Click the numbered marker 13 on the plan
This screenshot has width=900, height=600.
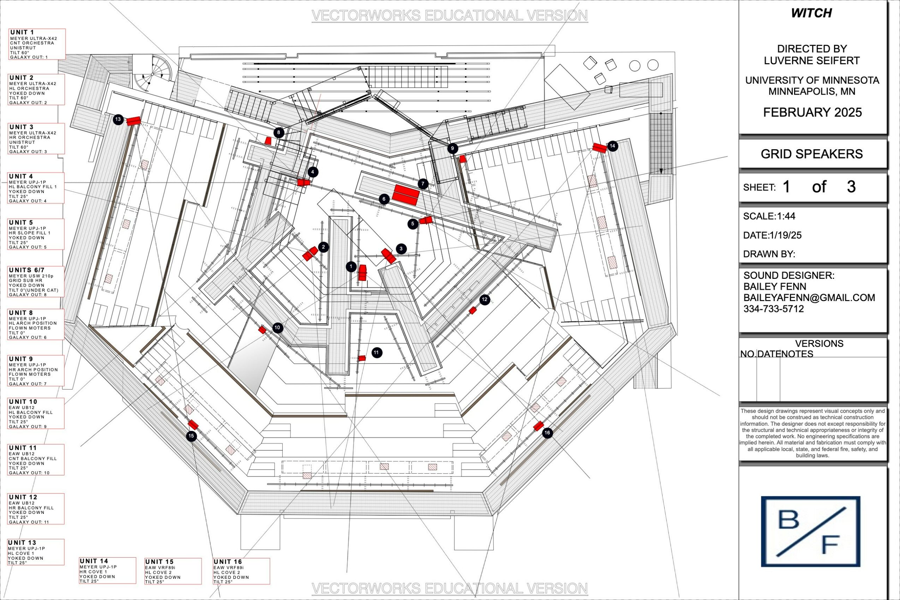coord(118,119)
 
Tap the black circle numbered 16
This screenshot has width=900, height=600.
coord(547,433)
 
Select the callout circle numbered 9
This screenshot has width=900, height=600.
coord(452,149)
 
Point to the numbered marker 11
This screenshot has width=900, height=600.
coord(377,353)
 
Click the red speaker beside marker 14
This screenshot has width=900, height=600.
coord(600,148)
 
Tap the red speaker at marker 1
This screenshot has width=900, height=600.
coord(362,272)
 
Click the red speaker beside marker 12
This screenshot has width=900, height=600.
coord(473,310)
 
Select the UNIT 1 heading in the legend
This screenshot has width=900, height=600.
coord(22,32)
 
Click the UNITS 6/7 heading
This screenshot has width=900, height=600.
coord(27,270)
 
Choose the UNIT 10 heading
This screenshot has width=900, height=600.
coord(23,402)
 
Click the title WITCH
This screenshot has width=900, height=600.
coord(811,13)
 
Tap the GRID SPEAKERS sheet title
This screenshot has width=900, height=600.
coord(812,154)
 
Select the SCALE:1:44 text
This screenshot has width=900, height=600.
coord(769,216)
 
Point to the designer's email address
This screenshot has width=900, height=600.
coord(809,298)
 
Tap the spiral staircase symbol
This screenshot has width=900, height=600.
coord(152,73)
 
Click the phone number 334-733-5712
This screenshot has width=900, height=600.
coord(773,309)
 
